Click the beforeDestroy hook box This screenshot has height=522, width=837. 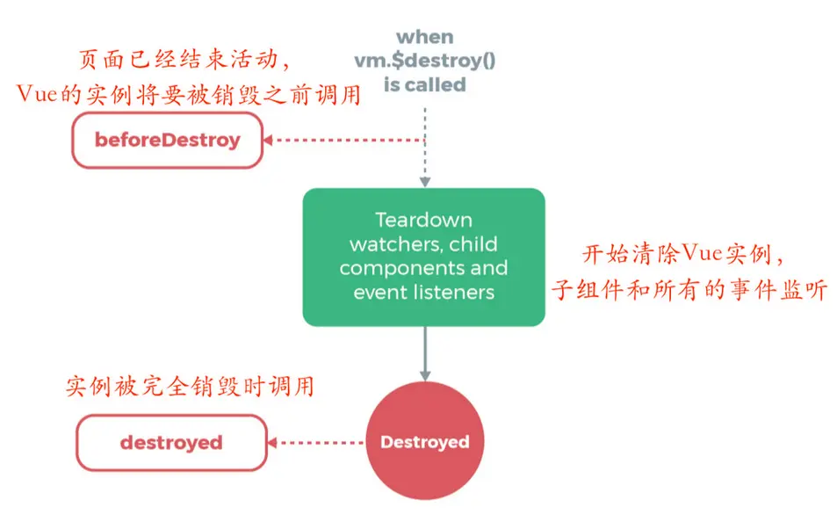point(168,140)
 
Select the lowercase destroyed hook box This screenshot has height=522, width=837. point(171,442)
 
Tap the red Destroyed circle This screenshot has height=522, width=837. point(425,442)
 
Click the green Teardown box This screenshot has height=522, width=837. point(424,257)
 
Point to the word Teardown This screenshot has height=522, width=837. point(423,220)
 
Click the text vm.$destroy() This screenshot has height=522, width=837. point(424,61)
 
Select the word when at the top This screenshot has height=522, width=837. point(424,37)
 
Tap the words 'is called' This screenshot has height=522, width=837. point(424,84)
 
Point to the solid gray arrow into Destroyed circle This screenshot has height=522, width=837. point(425,352)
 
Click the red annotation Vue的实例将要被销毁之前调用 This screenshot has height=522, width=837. point(189,94)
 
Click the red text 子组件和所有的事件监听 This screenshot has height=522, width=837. point(689,290)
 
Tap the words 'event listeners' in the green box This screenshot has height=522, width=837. point(423,292)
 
